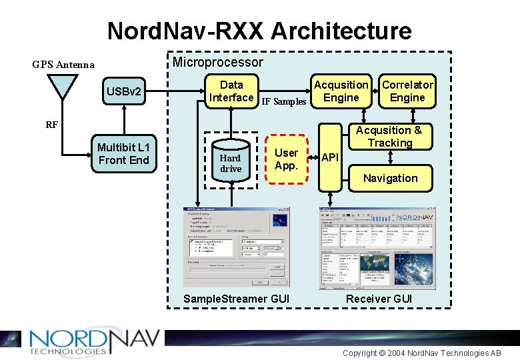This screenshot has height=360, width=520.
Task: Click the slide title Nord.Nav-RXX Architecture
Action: pos(259,31)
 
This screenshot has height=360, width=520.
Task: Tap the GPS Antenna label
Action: pos(63,65)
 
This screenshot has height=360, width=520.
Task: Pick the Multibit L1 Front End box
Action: pos(123,153)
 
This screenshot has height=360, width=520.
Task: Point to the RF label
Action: pos(51,124)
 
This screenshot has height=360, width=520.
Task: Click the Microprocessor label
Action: pos(218,62)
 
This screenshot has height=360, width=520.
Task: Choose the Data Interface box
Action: pos(231,91)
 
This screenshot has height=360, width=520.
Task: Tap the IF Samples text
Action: pos(283,102)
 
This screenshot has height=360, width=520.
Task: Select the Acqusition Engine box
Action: pos(341,91)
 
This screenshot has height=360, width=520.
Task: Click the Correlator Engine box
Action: pos(407,91)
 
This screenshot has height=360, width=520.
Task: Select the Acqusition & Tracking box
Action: pos(390,137)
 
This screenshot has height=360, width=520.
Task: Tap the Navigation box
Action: pos(390,178)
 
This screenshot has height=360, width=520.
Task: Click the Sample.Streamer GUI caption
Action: pos(236,299)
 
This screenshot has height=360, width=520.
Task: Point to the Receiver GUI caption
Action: pos(379,299)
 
